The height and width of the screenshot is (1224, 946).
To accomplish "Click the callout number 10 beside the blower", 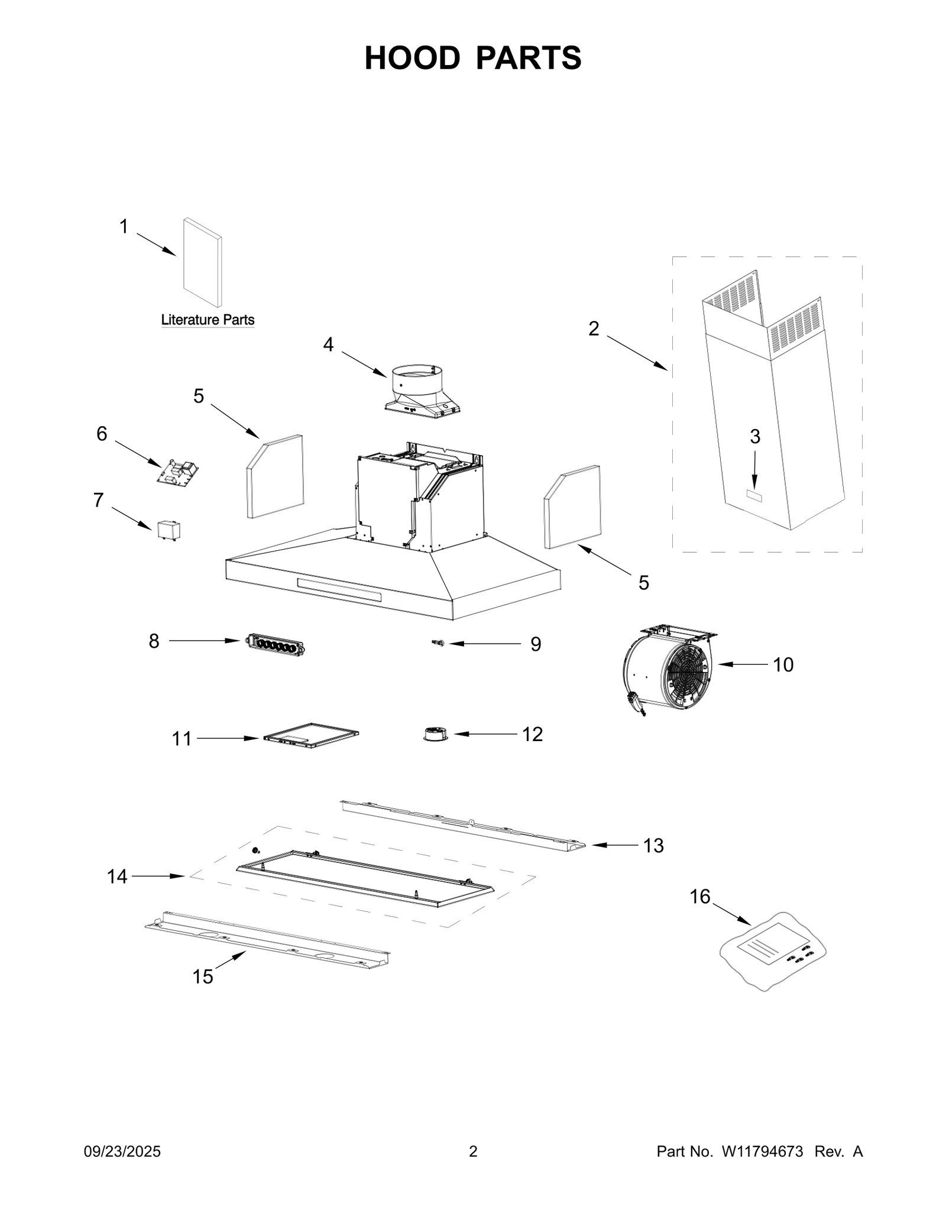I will click(x=783, y=665).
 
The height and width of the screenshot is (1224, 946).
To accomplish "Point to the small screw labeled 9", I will click(x=439, y=644).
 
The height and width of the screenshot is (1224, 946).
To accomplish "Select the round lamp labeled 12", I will click(x=436, y=735).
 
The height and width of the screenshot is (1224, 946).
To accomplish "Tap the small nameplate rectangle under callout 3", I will click(x=754, y=496).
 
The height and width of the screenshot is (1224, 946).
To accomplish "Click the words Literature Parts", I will click(x=208, y=320).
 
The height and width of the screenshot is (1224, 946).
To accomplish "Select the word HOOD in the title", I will click(x=412, y=58).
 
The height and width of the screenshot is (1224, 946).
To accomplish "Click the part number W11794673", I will click(x=762, y=1152).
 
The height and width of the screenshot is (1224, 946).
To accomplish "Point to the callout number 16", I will click(x=699, y=897).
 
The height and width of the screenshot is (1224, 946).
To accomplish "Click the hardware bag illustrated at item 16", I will click(x=772, y=950).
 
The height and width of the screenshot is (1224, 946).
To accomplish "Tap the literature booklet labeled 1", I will click(x=202, y=263).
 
